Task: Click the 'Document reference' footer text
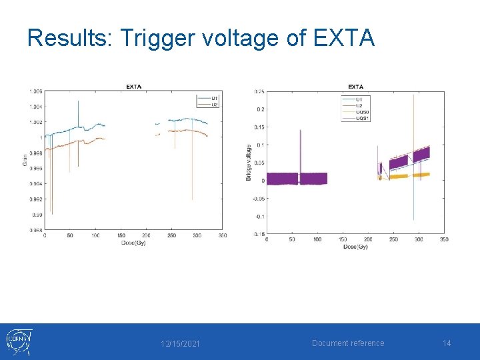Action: [x=348, y=343]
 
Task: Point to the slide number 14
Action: [x=447, y=343]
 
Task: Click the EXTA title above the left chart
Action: [x=134, y=87]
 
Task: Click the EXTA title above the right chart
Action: [x=355, y=87]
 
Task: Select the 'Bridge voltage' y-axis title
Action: [x=249, y=162]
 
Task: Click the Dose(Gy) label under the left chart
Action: [x=133, y=243]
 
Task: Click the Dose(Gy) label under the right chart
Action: [x=355, y=247]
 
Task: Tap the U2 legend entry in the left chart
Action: [x=215, y=105]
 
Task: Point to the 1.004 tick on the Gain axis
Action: [x=35, y=107]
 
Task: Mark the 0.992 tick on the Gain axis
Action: [x=35, y=199]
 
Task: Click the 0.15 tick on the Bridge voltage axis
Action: [x=257, y=127]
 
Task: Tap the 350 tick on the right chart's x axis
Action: [x=444, y=239]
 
